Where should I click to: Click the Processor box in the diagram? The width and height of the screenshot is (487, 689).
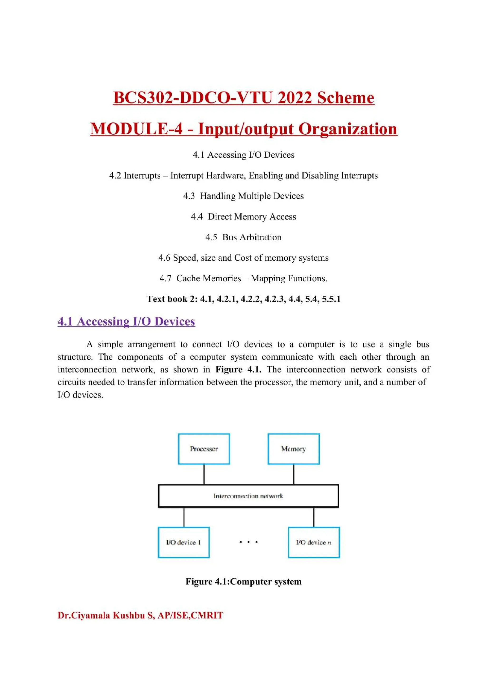(204, 449)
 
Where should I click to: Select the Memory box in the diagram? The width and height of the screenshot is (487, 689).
(293, 449)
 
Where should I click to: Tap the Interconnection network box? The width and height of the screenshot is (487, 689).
(248, 496)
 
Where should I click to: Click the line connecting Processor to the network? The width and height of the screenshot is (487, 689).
(204, 474)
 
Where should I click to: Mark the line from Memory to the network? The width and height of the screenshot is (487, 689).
(293, 474)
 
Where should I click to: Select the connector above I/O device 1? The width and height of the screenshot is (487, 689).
(184, 517)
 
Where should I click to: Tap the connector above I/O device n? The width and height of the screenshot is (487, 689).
(314, 517)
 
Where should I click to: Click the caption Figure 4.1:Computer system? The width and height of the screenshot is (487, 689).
(243, 581)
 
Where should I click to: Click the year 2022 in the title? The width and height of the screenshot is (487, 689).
(294, 97)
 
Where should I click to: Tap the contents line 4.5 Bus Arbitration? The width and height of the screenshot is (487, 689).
(243, 237)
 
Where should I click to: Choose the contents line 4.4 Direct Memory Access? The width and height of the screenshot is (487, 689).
(243, 216)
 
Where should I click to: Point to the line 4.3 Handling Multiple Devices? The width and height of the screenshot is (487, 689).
(243, 196)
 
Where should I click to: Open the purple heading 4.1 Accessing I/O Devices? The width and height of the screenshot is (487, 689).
(126, 321)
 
